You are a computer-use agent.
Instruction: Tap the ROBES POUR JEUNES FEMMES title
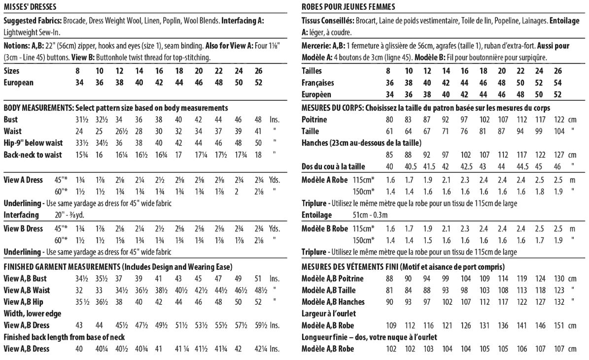[x=348, y=7]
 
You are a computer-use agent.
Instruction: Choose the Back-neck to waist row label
[x=33, y=155]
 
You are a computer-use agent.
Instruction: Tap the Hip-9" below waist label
[x=33, y=143]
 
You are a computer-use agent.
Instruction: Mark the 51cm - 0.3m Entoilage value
[x=371, y=215]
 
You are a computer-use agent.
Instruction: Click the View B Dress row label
[x=23, y=228]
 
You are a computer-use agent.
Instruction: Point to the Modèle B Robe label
[x=325, y=228]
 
